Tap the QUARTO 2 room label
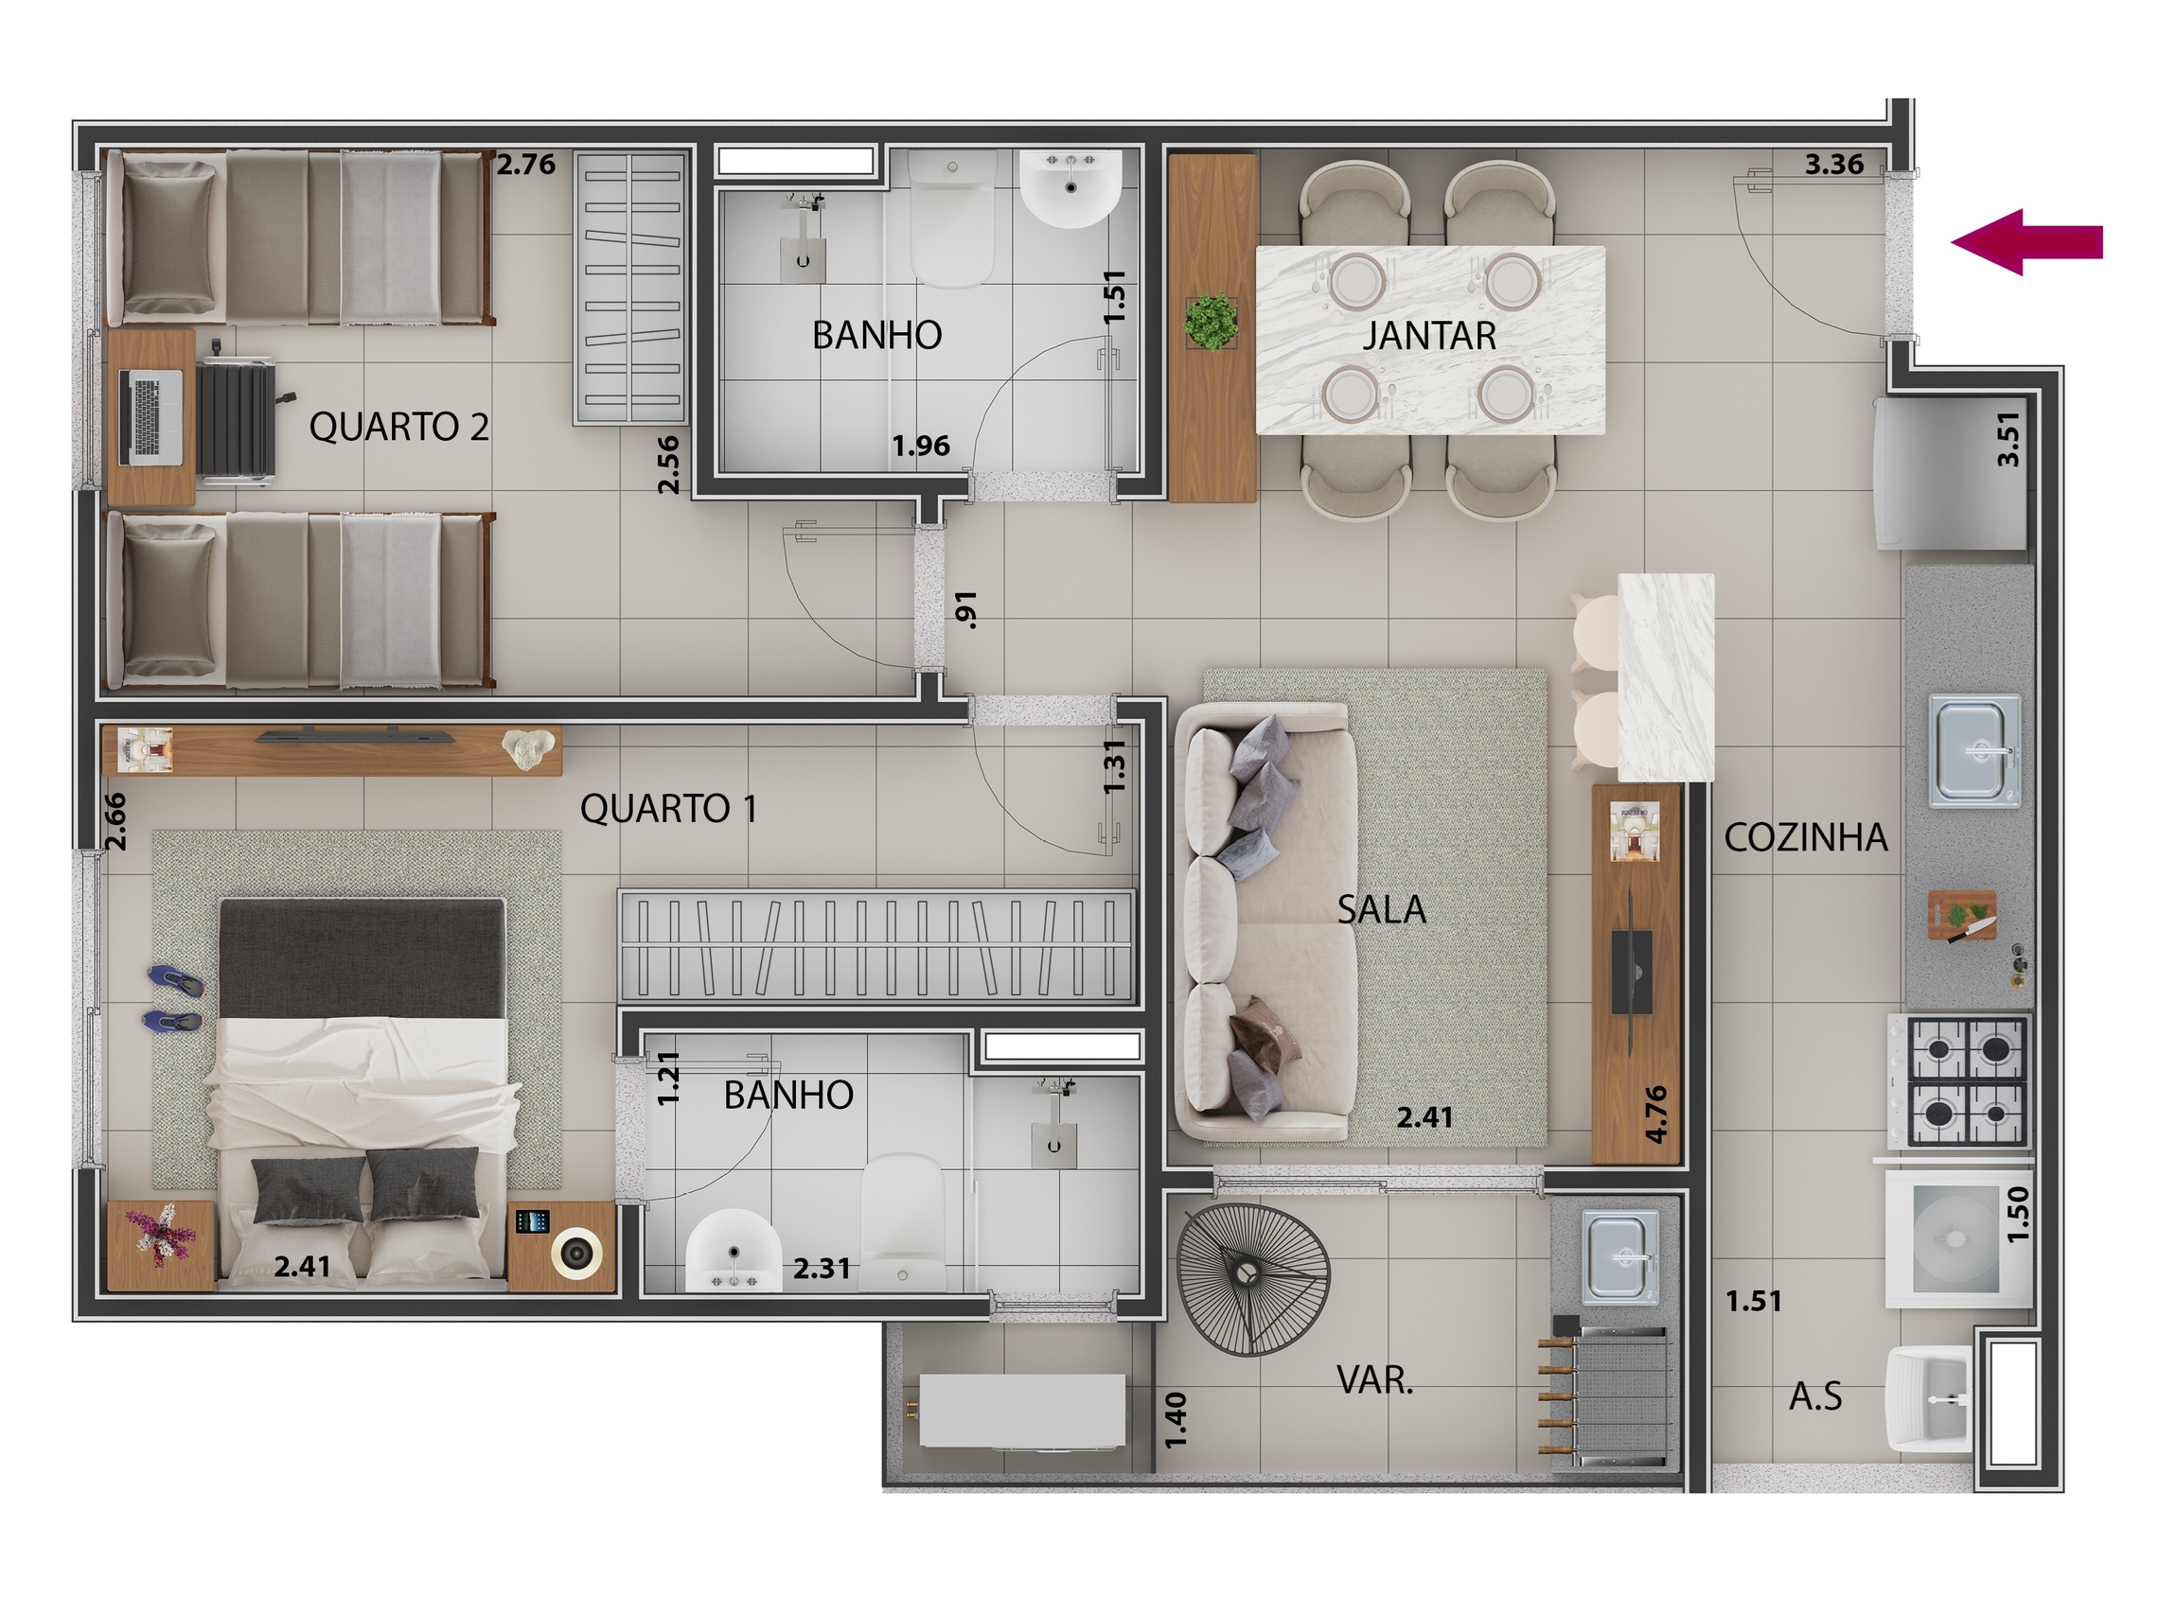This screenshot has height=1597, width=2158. click(398, 427)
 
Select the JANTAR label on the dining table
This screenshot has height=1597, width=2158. click(1429, 337)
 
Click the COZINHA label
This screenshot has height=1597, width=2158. click(1805, 838)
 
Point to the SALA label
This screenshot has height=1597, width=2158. click(1381, 910)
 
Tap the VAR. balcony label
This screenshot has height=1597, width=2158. click(1374, 1380)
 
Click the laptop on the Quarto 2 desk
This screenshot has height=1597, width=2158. click(150, 416)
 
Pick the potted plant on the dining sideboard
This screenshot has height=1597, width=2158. click(1211, 322)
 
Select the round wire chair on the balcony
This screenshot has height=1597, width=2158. click(1253, 1279)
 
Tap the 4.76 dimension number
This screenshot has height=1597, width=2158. click(1655, 1114)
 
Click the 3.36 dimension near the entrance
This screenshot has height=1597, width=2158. click(1834, 166)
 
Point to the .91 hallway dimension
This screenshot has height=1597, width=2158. click(965, 610)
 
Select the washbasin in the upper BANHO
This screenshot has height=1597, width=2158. click(1070, 188)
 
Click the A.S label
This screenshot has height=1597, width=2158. click(1814, 1396)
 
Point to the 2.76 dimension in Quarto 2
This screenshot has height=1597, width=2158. click(526, 166)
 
